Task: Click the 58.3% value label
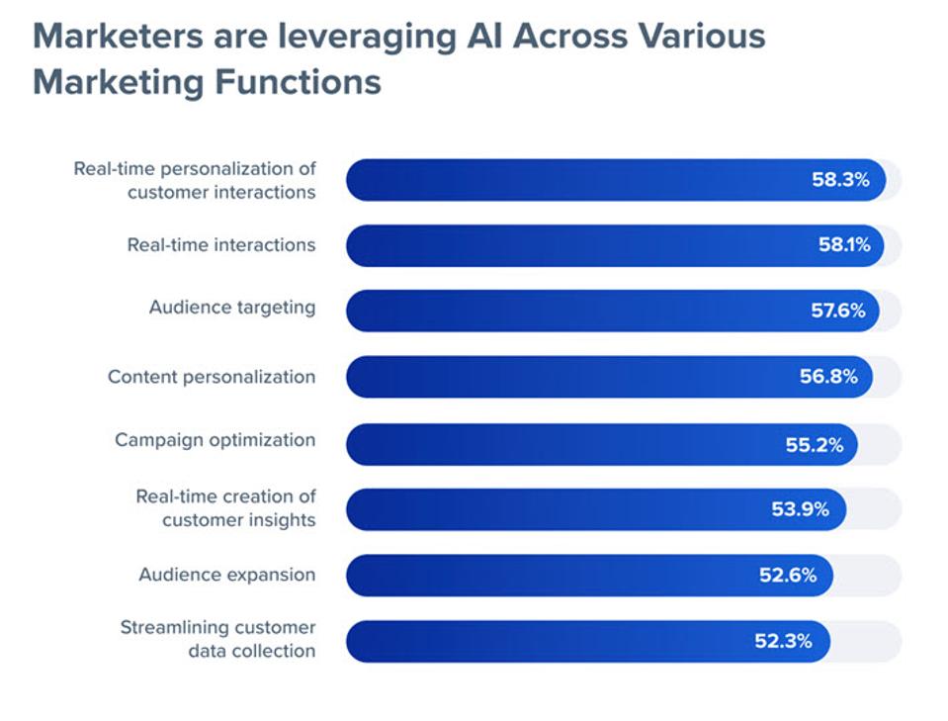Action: tap(840, 180)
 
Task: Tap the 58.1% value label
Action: tap(842, 245)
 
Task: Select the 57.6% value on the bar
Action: tap(836, 311)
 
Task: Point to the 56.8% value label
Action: tap(828, 377)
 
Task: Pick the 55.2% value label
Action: tap(815, 445)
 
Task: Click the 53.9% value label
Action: tap(801, 509)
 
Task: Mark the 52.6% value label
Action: tap(787, 575)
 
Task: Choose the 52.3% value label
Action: tap(783, 641)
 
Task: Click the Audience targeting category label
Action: tap(232, 308)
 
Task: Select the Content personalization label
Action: tap(212, 377)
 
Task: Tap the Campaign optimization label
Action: tap(215, 440)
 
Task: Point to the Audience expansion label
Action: tap(226, 575)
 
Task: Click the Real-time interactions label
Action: tap(221, 244)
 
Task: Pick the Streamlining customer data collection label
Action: tap(217, 639)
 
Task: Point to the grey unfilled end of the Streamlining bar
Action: tap(868, 641)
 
